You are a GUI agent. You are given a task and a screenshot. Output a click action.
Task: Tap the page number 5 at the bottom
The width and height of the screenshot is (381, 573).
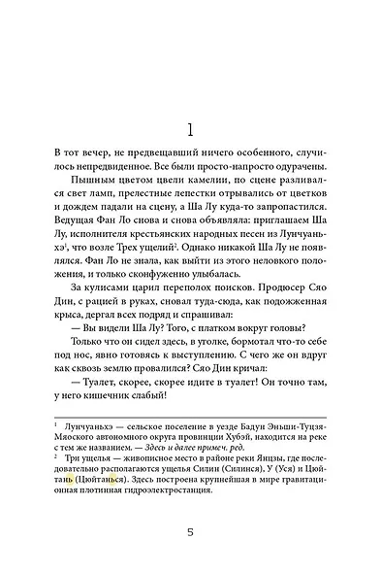point(191,531)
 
